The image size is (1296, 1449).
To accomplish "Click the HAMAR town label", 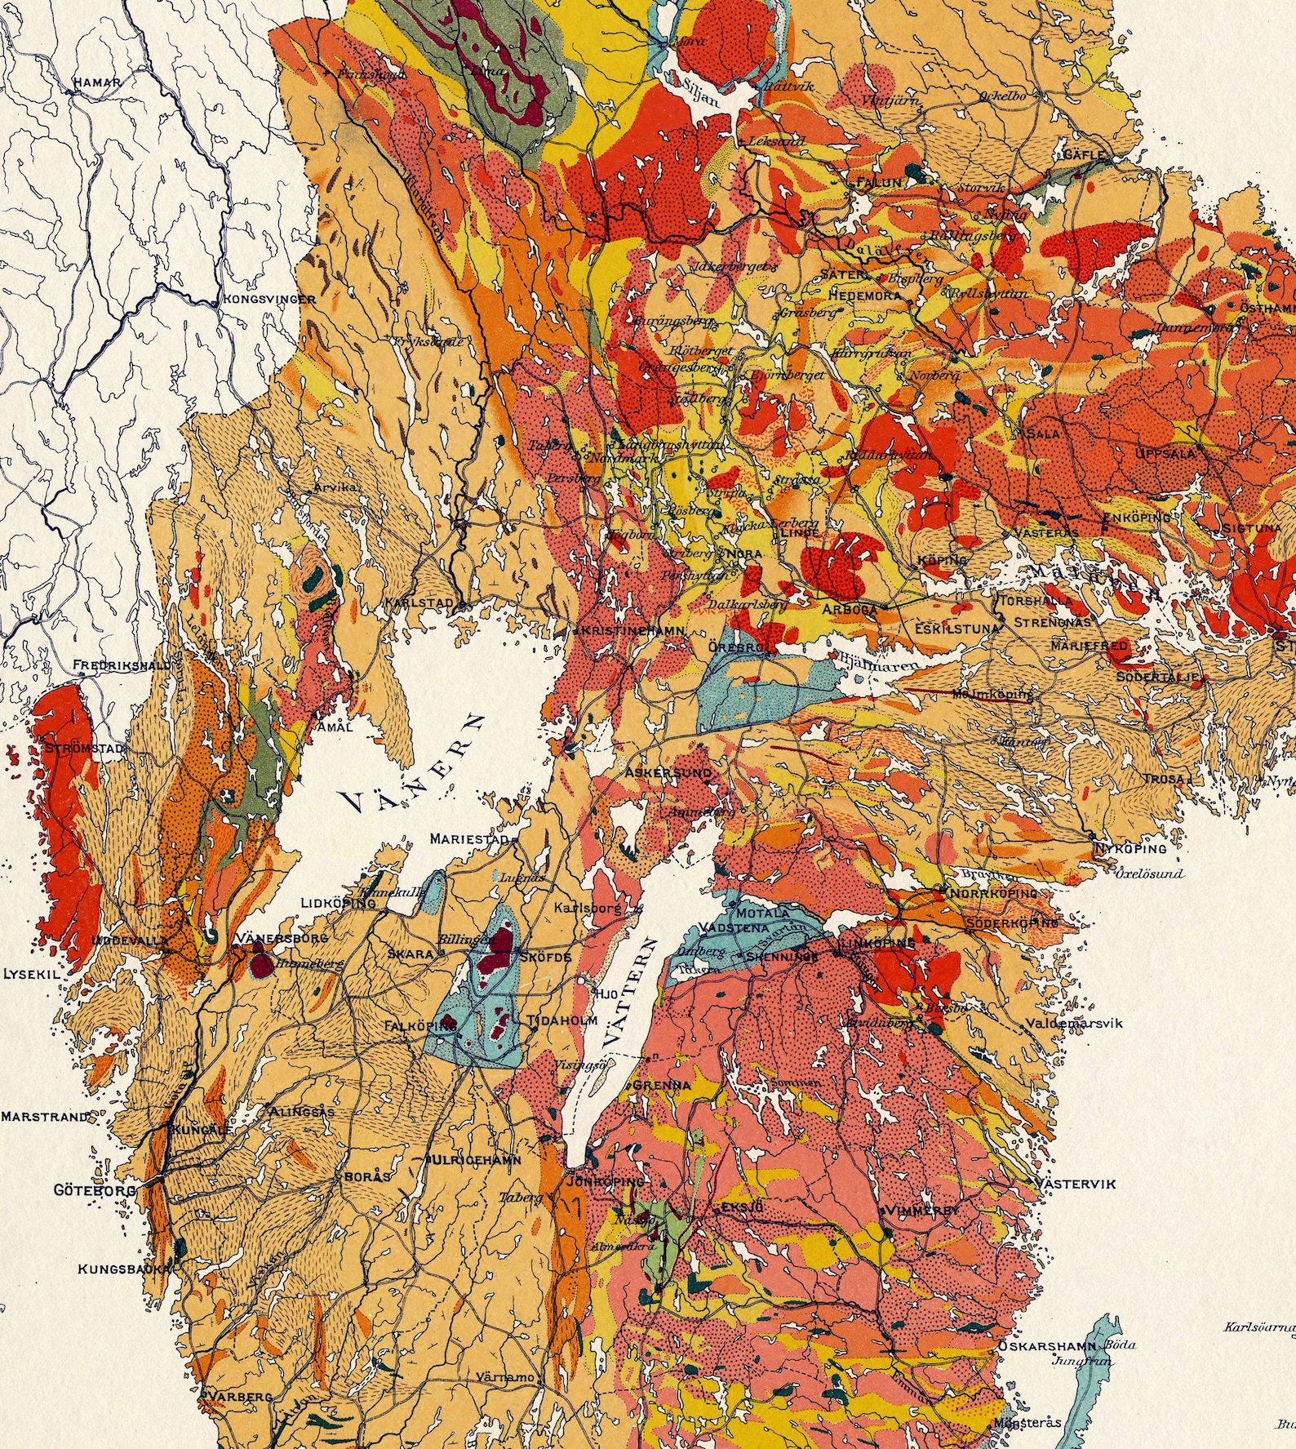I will (96, 82).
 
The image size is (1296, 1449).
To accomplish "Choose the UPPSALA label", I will (1164, 453).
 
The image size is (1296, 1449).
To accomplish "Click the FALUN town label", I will (879, 183).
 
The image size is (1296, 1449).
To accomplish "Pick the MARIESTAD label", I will (469, 838).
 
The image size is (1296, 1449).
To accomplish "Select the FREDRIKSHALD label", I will (122, 665).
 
